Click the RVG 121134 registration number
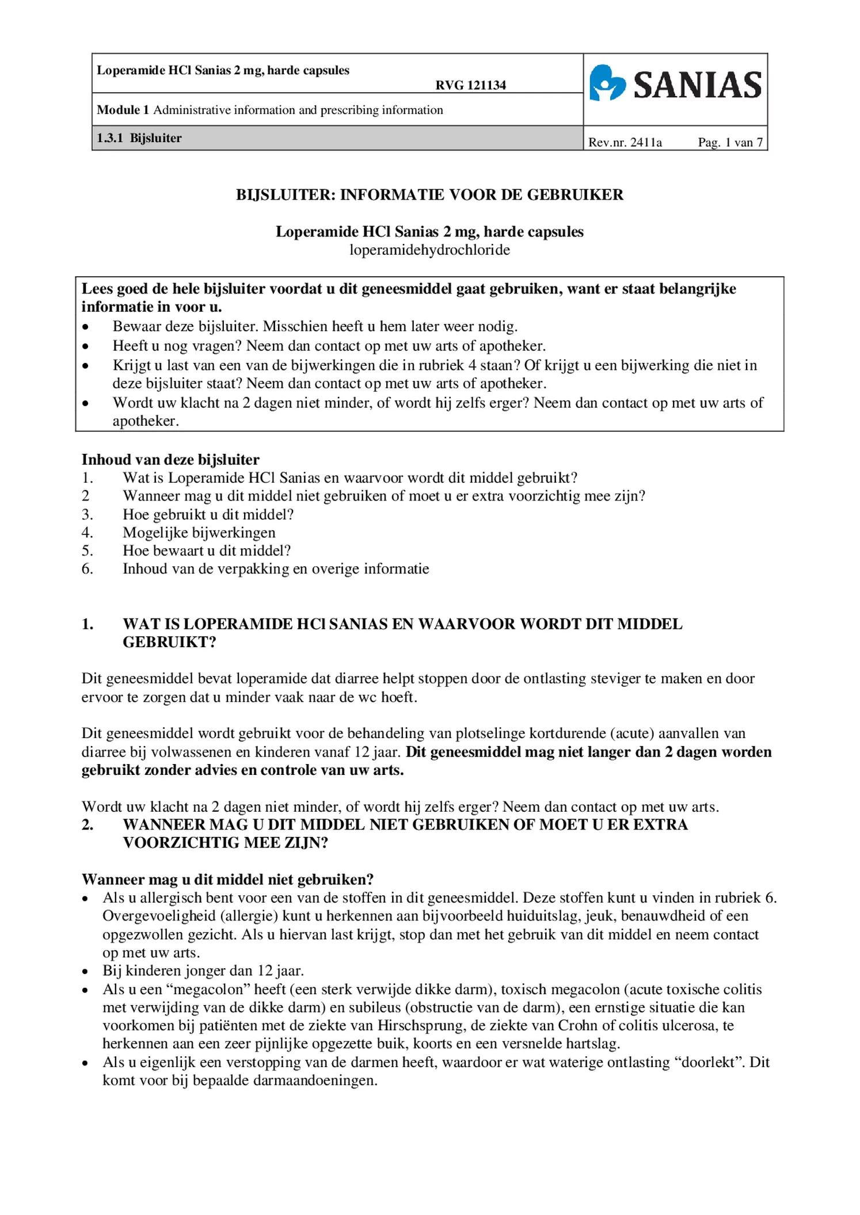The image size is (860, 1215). pyautogui.click(x=470, y=86)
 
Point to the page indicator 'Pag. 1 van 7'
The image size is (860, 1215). pyautogui.click(x=730, y=143)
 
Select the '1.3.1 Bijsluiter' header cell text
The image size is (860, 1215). pyautogui.click(x=139, y=138)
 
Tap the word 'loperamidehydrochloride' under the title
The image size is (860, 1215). pyautogui.click(x=429, y=250)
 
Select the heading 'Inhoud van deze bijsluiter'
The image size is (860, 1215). pyautogui.click(x=170, y=460)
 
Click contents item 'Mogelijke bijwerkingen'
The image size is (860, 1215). pyautogui.click(x=199, y=533)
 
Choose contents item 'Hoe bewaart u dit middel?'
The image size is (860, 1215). pyautogui.click(x=207, y=551)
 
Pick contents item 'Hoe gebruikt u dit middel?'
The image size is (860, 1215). pyautogui.click(x=208, y=514)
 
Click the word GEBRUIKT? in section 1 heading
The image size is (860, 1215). pyautogui.click(x=169, y=643)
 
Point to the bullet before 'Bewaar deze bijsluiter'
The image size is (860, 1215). pyautogui.click(x=85, y=327)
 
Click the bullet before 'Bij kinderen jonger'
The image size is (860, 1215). pyautogui.click(x=85, y=972)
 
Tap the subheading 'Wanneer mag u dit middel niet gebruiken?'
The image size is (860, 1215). pyautogui.click(x=227, y=880)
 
